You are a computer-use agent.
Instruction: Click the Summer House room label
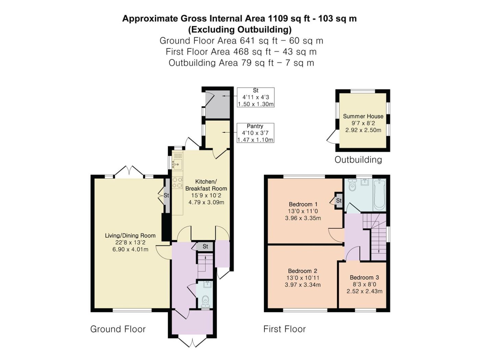pyautogui.click(x=363, y=116)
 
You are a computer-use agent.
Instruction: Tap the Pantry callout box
pyautogui.click(x=255, y=133)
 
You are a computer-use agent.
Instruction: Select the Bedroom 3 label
pyautogui.click(x=364, y=277)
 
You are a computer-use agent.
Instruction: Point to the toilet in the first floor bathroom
pyautogui.click(x=352, y=185)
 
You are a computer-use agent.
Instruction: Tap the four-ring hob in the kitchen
pyautogui.click(x=177, y=182)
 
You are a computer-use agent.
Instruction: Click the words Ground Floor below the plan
pyautogui.click(x=118, y=329)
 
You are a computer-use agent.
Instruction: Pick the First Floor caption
pyautogui.click(x=284, y=329)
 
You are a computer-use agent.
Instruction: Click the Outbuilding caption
pyautogui.click(x=358, y=160)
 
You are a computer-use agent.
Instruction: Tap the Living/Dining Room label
pyautogui.click(x=130, y=236)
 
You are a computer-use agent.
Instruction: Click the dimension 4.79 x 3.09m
pyautogui.click(x=206, y=202)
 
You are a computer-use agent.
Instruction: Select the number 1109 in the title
pyautogui.click(x=278, y=19)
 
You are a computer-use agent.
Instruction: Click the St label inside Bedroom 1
pyautogui.click(x=339, y=200)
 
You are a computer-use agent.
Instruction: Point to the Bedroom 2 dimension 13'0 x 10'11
pyautogui.click(x=303, y=278)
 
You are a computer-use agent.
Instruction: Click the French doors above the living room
pyautogui.click(x=129, y=171)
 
